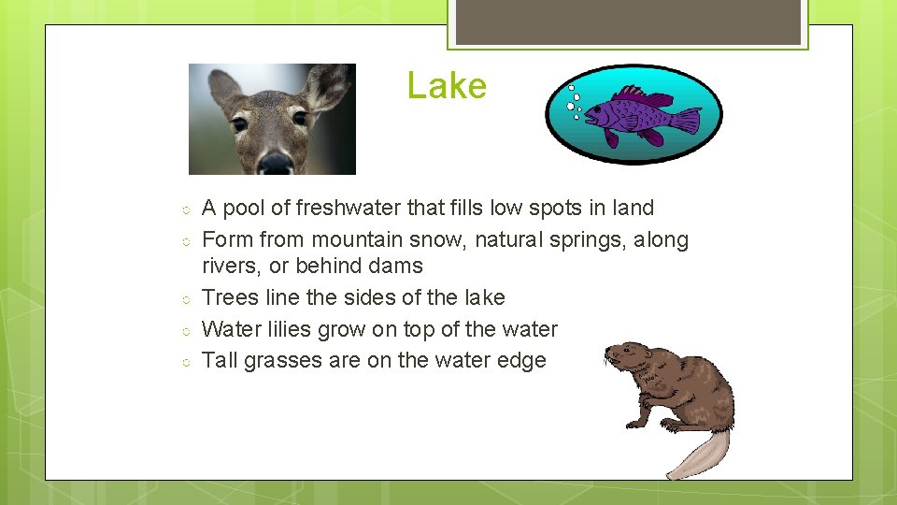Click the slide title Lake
pos(447,86)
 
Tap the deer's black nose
pos(276,163)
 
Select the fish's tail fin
pos(687,121)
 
